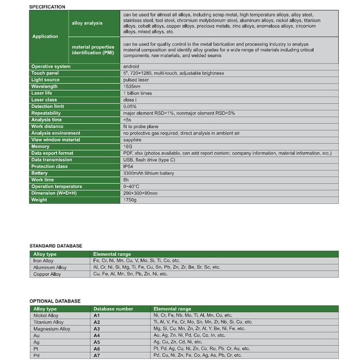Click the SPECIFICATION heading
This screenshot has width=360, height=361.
coord(47,7)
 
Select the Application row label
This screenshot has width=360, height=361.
coord(45,37)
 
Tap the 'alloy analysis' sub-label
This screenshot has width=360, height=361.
coord(87,23)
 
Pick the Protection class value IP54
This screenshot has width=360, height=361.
coord(128,167)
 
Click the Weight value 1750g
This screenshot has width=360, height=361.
coord(130,200)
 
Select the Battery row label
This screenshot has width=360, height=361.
coord(39,173)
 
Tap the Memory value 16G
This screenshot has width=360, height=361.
coord(128,146)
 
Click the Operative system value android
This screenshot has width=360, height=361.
coord(131,67)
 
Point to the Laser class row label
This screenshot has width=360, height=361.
coord(44,100)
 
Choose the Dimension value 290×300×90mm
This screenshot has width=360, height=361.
coord(140,193)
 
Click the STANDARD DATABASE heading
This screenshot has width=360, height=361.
coord(56,246)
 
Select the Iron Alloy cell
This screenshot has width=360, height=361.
coord(43,261)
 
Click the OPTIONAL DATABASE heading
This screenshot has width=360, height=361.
coord(55,301)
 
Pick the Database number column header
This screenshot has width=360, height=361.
coord(113,309)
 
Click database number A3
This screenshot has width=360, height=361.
coord(96,329)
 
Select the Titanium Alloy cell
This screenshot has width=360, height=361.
coord(48,322)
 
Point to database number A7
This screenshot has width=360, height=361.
coord(96,355)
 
